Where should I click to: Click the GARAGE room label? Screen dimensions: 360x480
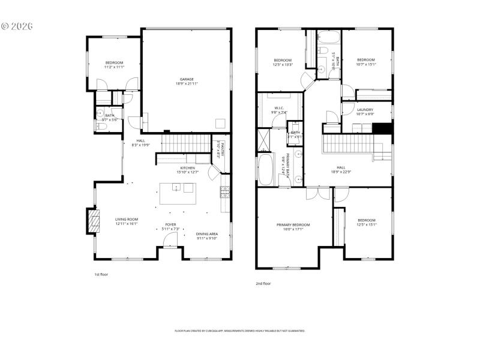pyautogui.click(x=187, y=79)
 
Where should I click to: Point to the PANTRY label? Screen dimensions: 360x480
pyautogui.click(x=220, y=148)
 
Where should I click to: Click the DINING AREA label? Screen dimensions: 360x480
pyautogui.click(x=207, y=233)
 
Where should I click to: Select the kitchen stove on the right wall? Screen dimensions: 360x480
pyautogui.click(x=224, y=193)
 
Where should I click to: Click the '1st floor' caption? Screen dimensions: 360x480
pyautogui.click(x=100, y=274)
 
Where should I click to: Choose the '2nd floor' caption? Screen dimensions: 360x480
pyautogui.click(x=263, y=283)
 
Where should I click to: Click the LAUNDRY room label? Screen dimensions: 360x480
pyautogui.click(x=365, y=110)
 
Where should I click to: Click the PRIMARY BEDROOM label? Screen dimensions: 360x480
pyautogui.click(x=298, y=225)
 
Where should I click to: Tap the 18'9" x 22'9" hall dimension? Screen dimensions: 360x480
pyautogui.click(x=341, y=172)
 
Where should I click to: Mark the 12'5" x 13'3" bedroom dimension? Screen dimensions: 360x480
pyautogui.click(x=283, y=65)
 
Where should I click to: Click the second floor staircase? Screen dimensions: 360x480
pyautogui.click(x=351, y=146)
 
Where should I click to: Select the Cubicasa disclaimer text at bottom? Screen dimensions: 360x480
pyautogui.click(x=240, y=331)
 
